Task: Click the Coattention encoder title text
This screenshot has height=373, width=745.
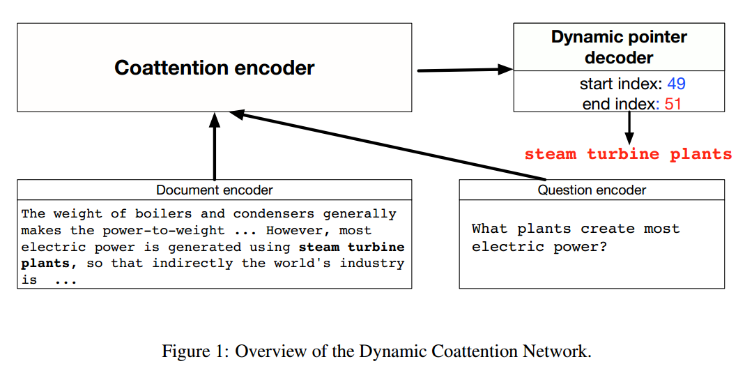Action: click(214, 68)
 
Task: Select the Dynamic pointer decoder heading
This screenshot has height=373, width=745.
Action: click(619, 47)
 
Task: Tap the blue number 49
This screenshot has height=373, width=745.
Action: click(676, 84)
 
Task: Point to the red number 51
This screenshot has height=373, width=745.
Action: click(673, 104)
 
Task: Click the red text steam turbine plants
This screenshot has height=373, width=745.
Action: click(628, 154)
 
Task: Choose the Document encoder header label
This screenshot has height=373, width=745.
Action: click(214, 190)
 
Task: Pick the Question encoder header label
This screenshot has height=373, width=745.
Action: click(591, 190)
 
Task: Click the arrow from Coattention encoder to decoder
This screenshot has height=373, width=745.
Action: click(464, 70)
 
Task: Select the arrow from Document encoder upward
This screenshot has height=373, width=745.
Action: click(215, 146)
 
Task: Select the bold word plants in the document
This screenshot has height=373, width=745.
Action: click(45, 264)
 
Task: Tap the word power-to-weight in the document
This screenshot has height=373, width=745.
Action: click(164, 230)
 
